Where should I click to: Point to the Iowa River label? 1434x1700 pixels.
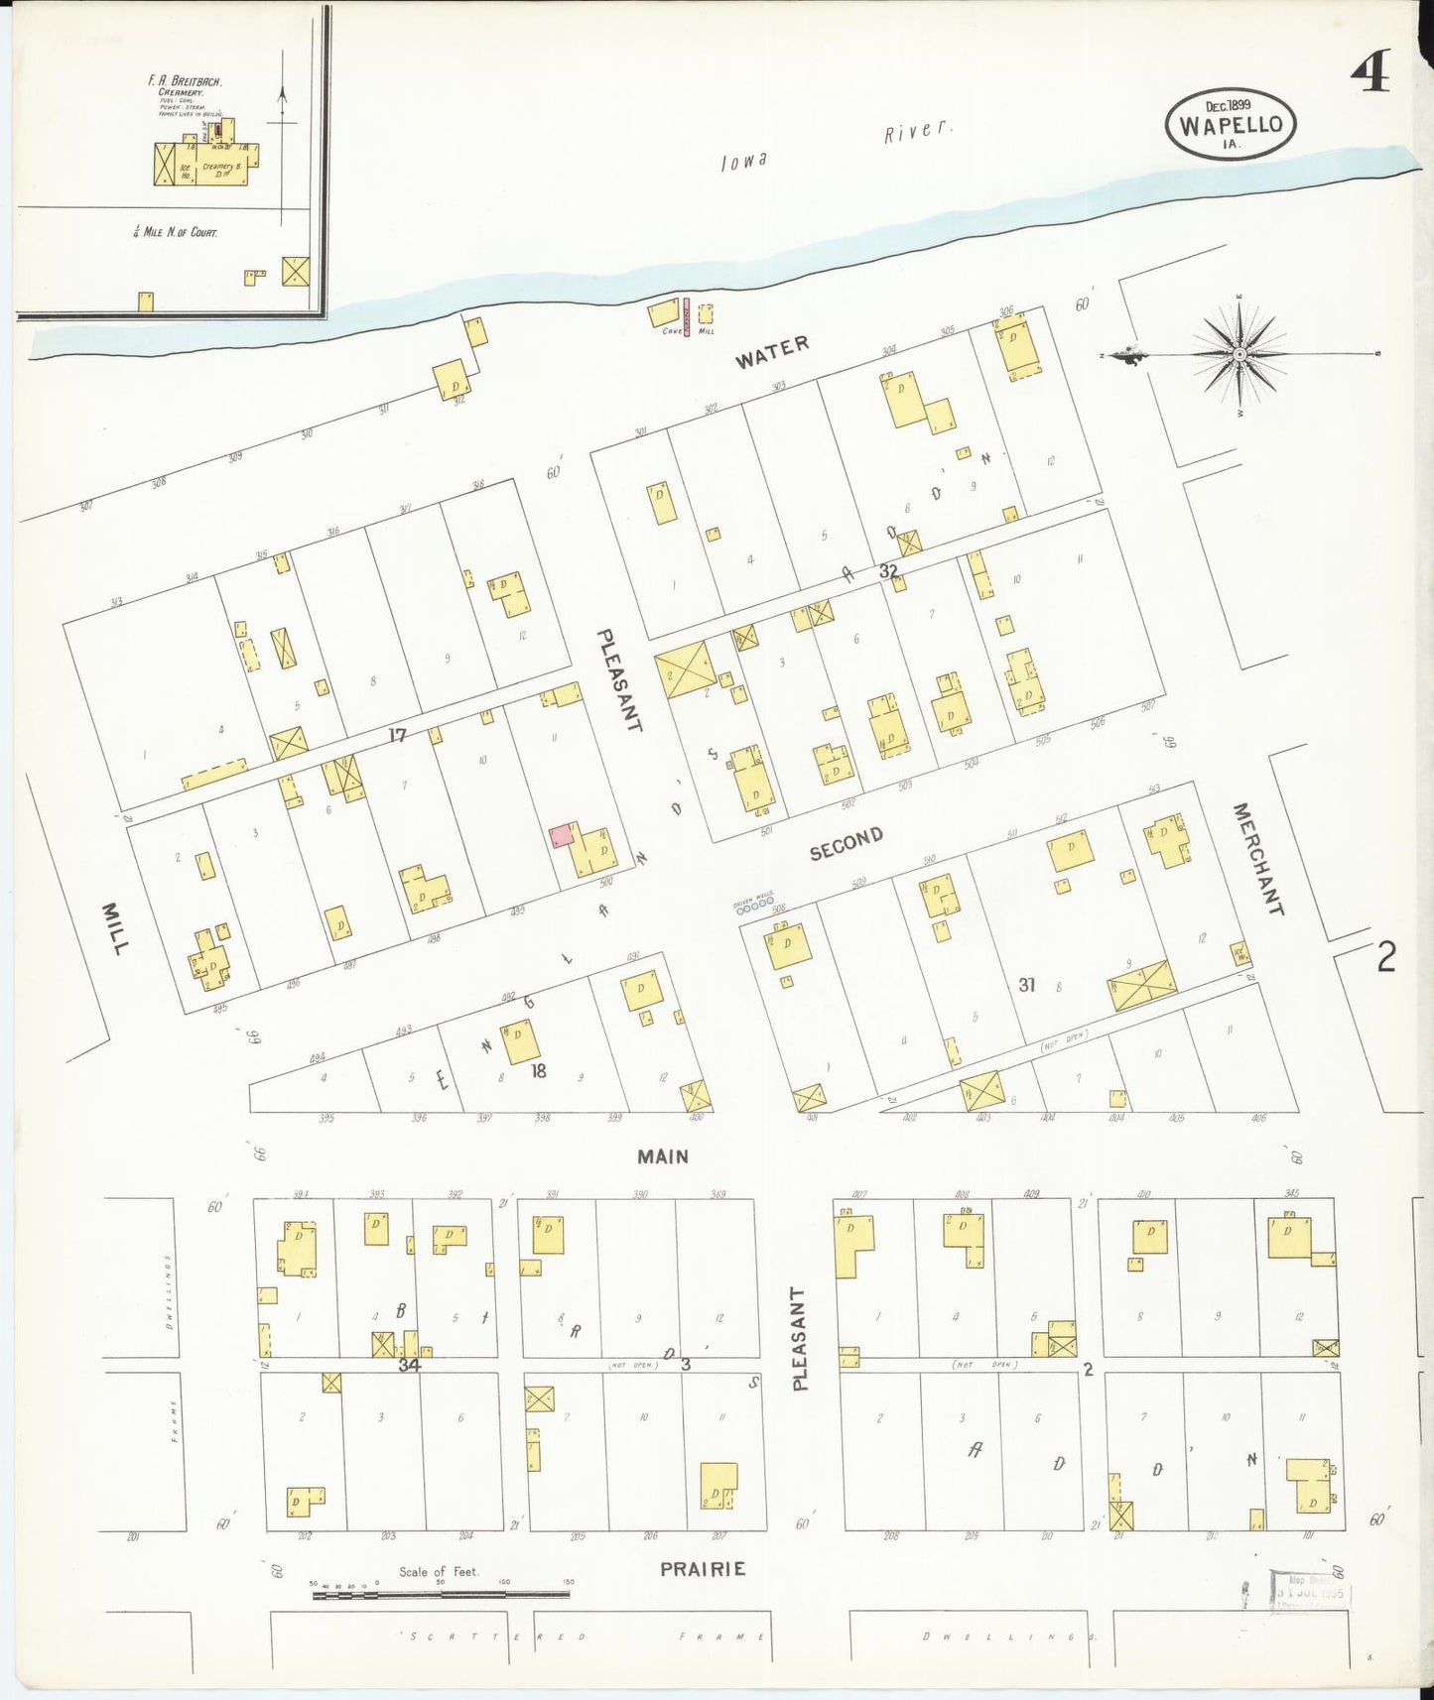[x=834, y=146]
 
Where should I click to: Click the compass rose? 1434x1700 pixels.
[x=1239, y=353]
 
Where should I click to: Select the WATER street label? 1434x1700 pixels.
[x=772, y=351]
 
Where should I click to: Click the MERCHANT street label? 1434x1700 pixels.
[x=1257, y=859]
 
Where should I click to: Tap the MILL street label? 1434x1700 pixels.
[x=114, y=928]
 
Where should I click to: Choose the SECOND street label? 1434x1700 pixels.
[x=846, y=843]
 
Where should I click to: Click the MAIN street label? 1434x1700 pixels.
[x=663, y=1156]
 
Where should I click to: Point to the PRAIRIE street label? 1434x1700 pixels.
[x=703, y=1569]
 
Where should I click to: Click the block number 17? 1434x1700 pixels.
[x=397, y=735]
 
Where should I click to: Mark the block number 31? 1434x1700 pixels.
[x=1027, y=984]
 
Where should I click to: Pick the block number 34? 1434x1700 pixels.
[x=409, y=1365]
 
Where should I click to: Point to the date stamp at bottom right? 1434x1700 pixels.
[x=1310, y=1593]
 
